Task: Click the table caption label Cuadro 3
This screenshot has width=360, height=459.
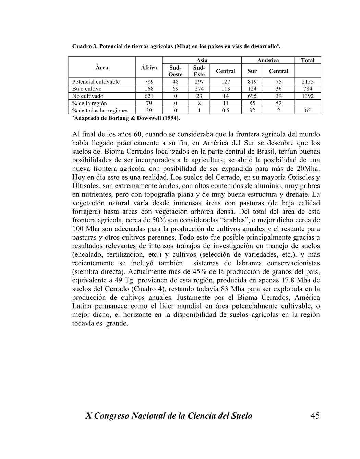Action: [84, 46]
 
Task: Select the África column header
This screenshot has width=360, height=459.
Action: [149, 68]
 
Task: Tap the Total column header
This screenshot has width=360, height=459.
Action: [308, 60]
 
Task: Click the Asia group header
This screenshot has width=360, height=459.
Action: [202, 60]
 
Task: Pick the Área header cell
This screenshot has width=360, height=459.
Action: [102, 68]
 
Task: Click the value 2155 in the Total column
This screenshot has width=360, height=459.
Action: [308, 82]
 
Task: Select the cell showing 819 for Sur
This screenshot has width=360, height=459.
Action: [252, 82]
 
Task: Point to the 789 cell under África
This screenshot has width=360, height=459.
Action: [149, 82]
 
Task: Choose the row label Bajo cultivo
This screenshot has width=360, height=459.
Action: [87, 89]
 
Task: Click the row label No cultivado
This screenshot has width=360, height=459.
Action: [88, 96]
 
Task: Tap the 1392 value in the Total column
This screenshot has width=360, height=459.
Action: [308, 96]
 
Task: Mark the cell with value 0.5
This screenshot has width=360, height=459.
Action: [226, 110]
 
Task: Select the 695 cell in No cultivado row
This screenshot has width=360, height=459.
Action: [252, 96]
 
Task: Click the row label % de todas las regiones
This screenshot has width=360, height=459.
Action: [100, 110]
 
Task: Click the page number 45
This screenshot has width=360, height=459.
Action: [315, 416]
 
